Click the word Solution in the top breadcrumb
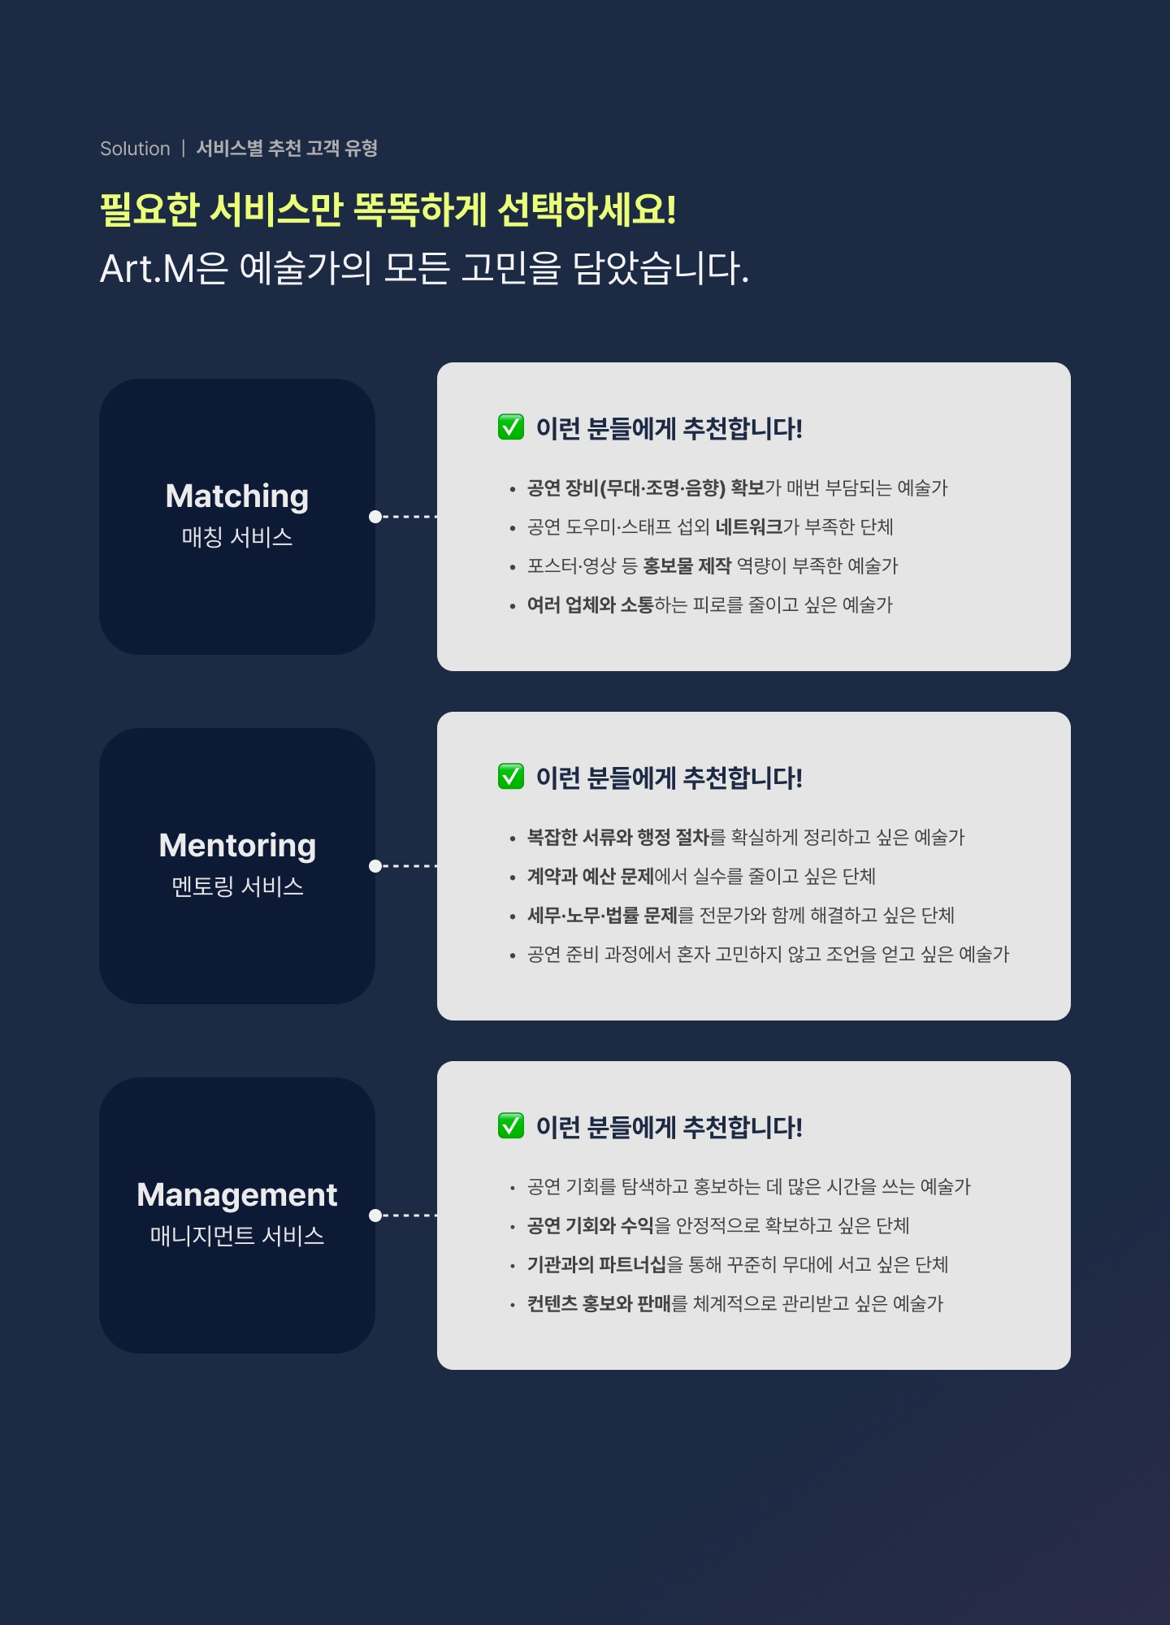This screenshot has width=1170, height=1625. [135, 149]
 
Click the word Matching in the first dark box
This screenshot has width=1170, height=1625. [236, 496]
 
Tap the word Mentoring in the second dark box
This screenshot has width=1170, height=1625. [237, 845]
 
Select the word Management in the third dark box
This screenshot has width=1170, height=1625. [236, 1194]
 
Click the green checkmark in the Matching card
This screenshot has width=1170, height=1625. [511, 427]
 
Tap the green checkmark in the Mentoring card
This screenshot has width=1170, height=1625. [511, 776]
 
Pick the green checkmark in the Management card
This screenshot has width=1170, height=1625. [511, 1125]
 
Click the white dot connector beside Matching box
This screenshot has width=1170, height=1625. [375, 517]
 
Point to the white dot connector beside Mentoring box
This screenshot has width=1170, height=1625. [375, 866]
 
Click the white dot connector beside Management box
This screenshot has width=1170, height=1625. [375, 1215]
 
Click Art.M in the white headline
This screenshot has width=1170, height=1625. [147, 269]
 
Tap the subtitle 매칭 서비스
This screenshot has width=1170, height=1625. [236, 537]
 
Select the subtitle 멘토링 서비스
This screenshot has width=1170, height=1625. [237, 886]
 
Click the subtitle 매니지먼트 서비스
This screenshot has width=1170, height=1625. [236, 1236]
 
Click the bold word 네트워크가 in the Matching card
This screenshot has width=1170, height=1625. [749, 527]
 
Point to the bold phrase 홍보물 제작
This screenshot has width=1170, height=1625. [687, 566]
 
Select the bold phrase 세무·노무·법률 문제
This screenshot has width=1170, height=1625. [602, 916]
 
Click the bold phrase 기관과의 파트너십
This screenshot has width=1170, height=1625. [596, 1265]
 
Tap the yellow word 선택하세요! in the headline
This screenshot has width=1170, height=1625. [587, 210]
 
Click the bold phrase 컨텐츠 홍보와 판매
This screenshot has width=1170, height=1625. [599, 1304]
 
